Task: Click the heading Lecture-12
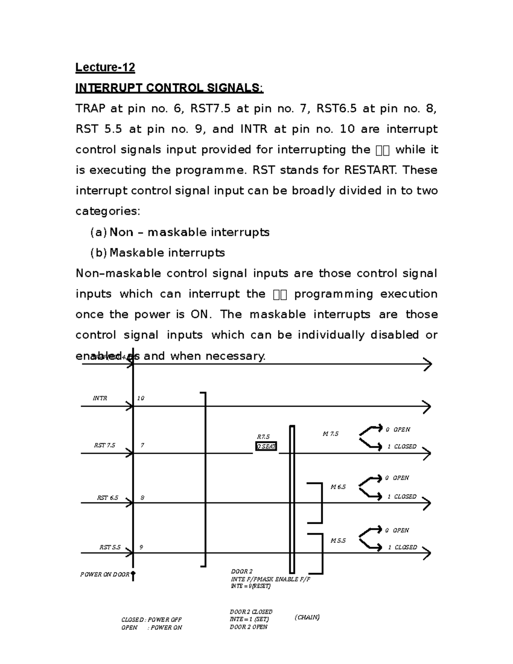105,68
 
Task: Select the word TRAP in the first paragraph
90,109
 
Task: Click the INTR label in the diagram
100,398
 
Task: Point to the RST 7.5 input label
105,445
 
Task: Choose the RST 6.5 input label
108,498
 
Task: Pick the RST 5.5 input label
110,547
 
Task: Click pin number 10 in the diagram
141,398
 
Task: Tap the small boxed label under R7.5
266,446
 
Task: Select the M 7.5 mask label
330,434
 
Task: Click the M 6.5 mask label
338,487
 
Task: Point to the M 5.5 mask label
338,541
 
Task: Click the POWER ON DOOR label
105,575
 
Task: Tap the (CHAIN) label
307,617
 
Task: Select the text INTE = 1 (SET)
249,619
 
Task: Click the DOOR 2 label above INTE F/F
242,572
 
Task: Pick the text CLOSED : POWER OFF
152,620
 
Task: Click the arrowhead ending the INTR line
426,407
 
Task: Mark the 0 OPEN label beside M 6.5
397,478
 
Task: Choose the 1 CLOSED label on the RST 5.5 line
402,547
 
